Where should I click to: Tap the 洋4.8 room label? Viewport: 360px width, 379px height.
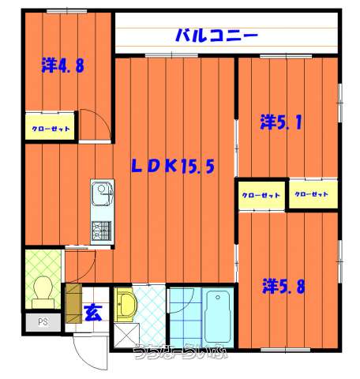tap(62, 65)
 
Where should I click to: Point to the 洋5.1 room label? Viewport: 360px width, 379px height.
tap(285, 122)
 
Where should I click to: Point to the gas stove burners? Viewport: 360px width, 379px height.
tap(101, 231)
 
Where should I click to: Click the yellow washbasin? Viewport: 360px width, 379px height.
tap(127, 303)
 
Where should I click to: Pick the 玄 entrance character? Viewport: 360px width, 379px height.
tap(92, 312)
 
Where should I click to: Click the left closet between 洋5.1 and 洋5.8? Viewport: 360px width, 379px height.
tap(261, 194)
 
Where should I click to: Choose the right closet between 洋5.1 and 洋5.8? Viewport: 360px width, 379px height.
tap(311, 193)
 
